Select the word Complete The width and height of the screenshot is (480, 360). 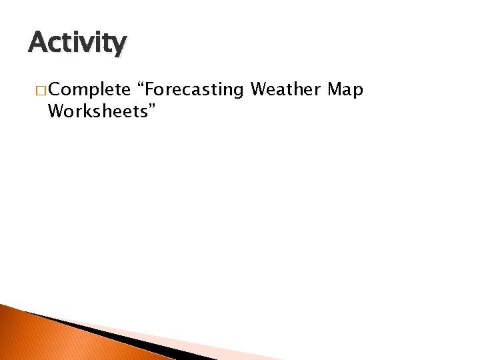tap(89, 90)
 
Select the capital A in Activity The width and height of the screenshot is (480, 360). tap(37, 43)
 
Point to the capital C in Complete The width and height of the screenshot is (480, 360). tap(54, 90)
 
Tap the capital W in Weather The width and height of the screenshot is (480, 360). tap(259, 89)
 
